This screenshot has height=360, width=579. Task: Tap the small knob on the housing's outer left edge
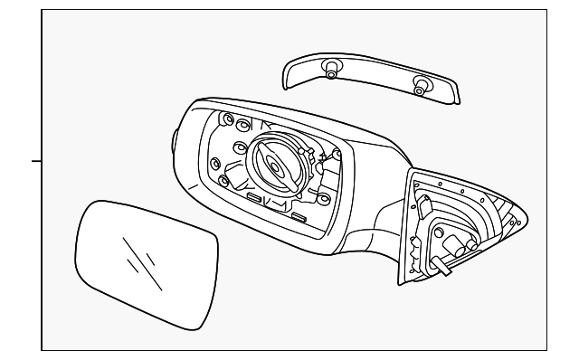click(x=174, y=139)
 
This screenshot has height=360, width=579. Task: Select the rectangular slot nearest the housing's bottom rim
click(x=296, y=217)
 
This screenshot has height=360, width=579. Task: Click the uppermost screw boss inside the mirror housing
click(x=226, y=118)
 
